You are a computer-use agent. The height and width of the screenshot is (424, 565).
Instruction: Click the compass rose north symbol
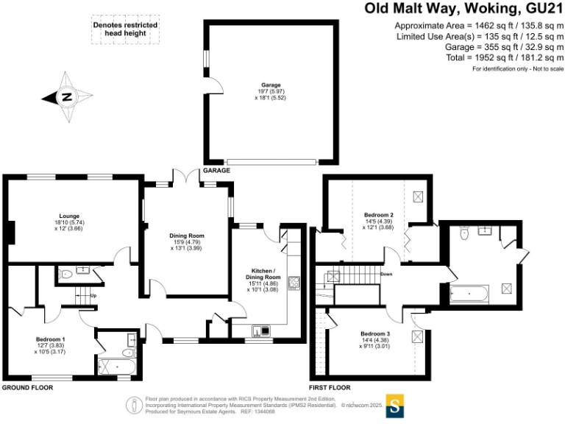[x=66, y=96]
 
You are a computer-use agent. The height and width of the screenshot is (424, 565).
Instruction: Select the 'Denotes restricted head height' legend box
[x=125, y=29]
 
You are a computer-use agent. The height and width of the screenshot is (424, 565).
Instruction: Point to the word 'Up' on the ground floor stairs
[x=93, y=296]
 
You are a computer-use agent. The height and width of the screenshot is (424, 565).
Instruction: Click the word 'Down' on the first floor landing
[x=387, y=274]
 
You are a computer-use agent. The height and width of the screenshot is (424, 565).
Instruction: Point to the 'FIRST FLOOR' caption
[x=330, y=386]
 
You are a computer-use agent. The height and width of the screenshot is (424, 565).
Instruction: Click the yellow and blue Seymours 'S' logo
[x=396, y=406]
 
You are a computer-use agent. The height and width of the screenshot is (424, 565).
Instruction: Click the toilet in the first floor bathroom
[x=463, y=234]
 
